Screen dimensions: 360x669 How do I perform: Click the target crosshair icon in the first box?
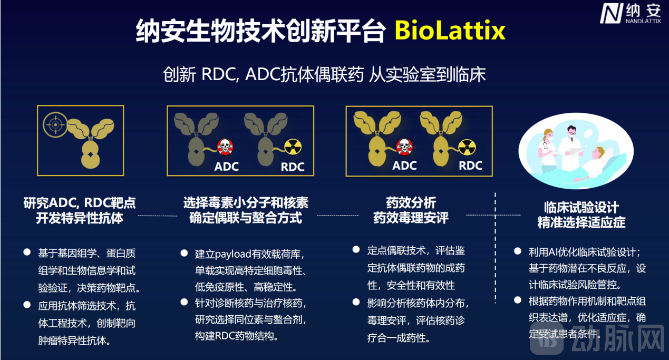tap(54, 124)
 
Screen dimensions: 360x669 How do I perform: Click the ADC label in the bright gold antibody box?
tap(404, 166)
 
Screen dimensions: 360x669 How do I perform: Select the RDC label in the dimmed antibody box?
tap(293, 167)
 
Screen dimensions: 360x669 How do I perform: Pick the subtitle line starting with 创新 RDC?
tap(324, 74)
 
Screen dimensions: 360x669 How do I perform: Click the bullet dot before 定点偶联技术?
tap(356, 249)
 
